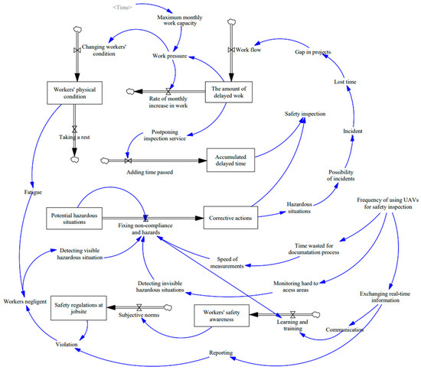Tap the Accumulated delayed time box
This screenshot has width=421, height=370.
point(230,161)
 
